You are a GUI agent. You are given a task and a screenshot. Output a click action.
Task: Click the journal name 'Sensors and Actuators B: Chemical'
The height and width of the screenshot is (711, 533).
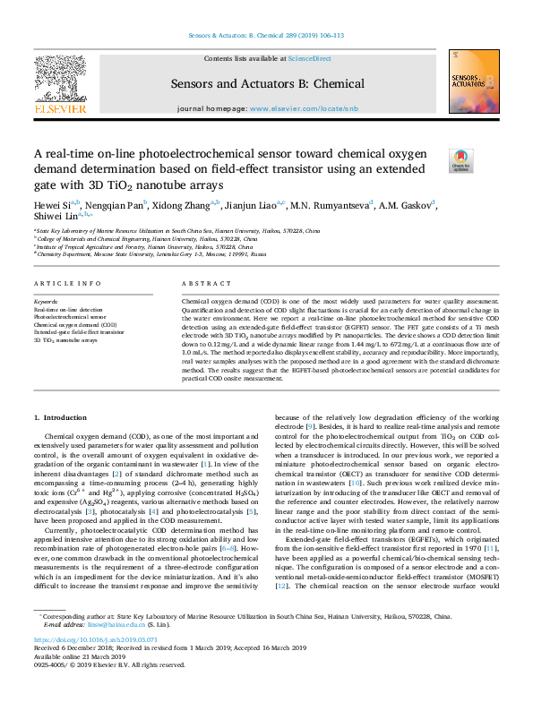(267, 82)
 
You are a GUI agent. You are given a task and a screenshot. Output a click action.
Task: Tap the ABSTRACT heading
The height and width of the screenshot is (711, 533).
(200, 284)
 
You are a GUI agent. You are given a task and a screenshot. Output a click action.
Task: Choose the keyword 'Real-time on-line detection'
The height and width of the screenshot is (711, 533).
(68, 310)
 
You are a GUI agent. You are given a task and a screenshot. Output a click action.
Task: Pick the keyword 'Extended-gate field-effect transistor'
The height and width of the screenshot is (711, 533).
(80, 332)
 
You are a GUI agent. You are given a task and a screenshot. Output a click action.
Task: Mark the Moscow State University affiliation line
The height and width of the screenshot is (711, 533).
(152, 254)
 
